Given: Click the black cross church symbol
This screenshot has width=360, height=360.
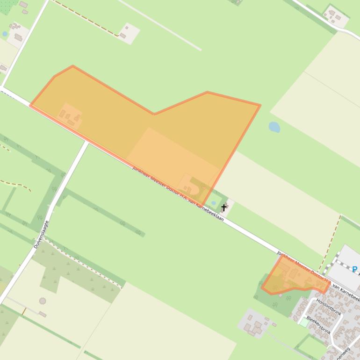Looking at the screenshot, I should (224, 207).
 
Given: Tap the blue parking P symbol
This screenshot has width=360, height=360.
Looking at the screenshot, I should (354, 269).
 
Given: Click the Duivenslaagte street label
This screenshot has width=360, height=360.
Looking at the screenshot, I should (42, 234).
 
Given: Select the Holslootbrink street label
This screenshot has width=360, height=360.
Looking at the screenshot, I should (329, 307).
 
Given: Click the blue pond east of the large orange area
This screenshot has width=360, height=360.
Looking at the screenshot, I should (274, 127).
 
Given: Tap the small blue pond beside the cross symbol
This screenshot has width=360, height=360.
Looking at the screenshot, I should (214, 203).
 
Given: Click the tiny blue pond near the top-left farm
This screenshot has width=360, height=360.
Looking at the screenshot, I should (5, 34).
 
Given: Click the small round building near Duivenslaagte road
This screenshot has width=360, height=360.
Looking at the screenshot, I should (43, 301).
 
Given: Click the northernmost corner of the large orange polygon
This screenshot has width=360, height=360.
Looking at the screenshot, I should (72, 66).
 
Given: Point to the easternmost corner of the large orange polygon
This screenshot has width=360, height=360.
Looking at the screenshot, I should (259, 105).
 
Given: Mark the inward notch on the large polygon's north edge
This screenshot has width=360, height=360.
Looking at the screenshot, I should (154, 114).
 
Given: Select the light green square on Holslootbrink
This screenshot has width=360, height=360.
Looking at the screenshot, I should (304, 322).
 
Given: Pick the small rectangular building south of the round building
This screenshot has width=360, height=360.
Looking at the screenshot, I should (43, 314).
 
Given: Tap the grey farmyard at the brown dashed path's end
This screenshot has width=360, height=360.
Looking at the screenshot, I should (128, 33).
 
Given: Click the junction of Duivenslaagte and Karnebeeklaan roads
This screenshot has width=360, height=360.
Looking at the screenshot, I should (87, 142).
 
